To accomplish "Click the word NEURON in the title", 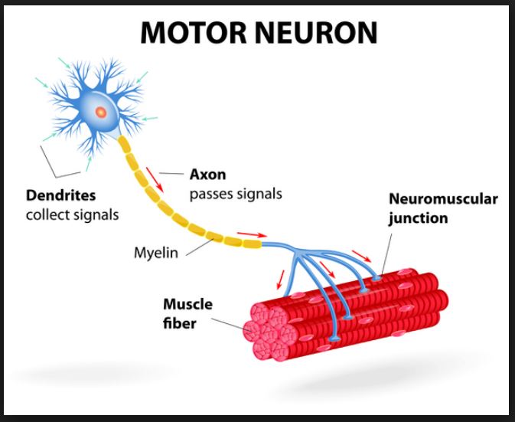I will pos(317,33).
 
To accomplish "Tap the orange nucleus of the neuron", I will pos(100,112).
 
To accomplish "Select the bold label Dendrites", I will pos(60,195).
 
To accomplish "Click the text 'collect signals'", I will pos(73,214).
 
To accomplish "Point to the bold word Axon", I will pos(207,174).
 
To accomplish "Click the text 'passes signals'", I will pos(236,193).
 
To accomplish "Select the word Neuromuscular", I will pos(443,199).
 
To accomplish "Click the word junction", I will pos(418,218).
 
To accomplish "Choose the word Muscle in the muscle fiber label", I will pos(187,305).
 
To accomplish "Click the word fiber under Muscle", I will pos(179,323).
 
